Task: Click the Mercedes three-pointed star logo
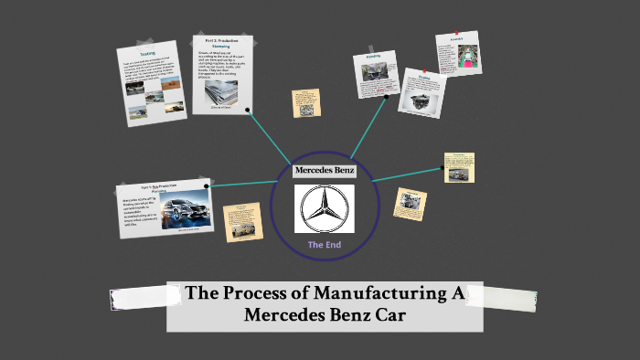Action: tap(324, 209)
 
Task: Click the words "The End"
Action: tap(325, 245)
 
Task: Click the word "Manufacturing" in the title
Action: tap(388, 294)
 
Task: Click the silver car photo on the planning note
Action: tap(187, 216)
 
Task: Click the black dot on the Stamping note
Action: tap(248, 109)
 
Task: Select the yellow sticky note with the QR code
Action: tap(306, 103)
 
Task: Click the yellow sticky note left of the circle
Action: tap(242, 223)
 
